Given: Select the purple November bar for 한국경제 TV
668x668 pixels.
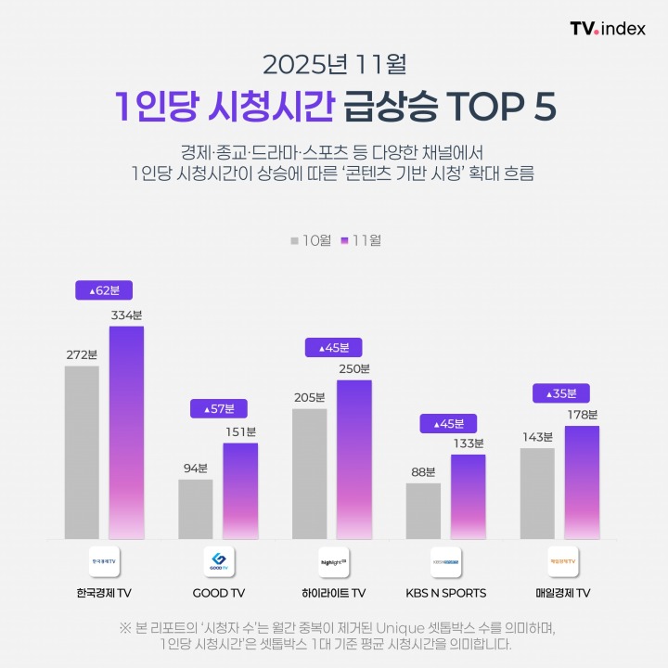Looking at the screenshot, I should tap(127, 432).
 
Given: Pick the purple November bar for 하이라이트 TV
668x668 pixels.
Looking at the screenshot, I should tap(353, 459).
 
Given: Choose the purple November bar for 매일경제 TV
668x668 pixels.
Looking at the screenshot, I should tap(582, 482).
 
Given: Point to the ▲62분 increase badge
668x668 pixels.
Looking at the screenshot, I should tap(104, 290).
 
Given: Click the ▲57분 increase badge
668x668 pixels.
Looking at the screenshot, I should tap(218, 407).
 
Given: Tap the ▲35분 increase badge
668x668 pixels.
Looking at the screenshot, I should tap(560, 393).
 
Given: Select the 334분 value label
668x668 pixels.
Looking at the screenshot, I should tap(126, 315).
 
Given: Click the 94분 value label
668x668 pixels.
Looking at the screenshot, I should tap(195, 468).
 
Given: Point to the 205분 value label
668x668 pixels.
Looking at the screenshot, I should tap(309, 397).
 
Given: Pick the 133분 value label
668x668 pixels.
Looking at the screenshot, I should tap(469, 443).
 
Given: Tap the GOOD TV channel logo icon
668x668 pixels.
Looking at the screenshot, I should tap(218, 562).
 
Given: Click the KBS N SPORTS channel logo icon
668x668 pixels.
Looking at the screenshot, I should tap(446, 562).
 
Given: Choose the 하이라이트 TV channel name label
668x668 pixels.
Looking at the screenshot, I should tap(332, 593).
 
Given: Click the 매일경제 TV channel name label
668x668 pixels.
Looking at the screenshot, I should tap(560, 593).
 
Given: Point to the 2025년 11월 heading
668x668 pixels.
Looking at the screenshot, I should tap(333, 65).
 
